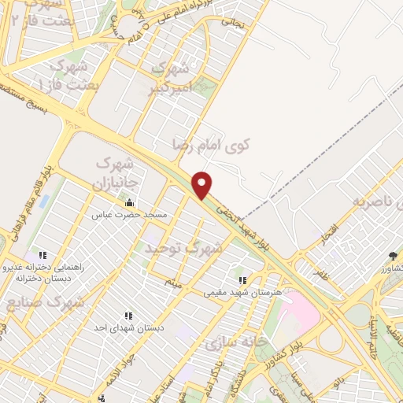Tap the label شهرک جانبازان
[116, 172]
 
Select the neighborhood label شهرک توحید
[183, 247]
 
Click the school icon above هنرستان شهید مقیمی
[243, 280]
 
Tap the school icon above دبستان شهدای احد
[128, 316]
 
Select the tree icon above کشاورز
[393, 257]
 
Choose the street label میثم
[173, 281]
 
